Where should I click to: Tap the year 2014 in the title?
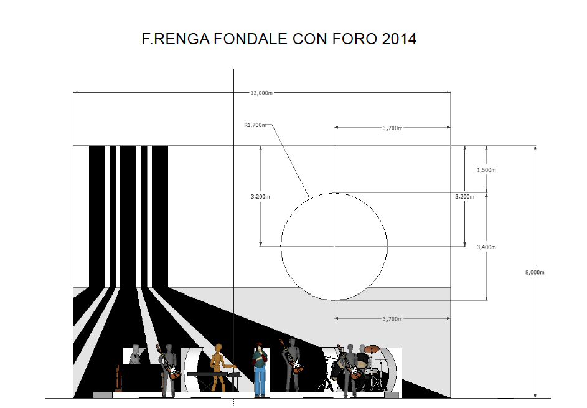pyautogui.click(x=399, y=39)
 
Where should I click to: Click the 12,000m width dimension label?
pyautogui.click(x=261, y=93)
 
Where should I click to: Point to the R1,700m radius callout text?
pyautogui.click(x=255, y=125)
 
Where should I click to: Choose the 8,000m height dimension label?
pyautogui.click(x=535, y=272)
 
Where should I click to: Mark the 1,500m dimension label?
pyautogui.click(x=486, y=170)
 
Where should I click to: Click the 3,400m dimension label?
pyautogui.click(x=486, y=247)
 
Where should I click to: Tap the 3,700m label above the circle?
pyautogui.click(x=392, y=128)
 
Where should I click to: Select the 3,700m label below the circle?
pyautogui.click(x=392, y=319)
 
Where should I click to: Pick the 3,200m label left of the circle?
pyautogui.click(x=261, y=197)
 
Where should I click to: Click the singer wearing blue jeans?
pyautogui.click(x=260, y=369)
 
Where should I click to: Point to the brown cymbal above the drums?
pyautogui.click(x=372, y=349)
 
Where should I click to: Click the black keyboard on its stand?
pyautogui.click(x=212, y=374)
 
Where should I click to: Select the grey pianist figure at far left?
pyautogui.click(x=135, y=354)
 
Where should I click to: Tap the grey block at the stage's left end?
pyautogui.click(x=103, y=395)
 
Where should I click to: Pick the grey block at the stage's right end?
pyautogui.click(x=392, y=395)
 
